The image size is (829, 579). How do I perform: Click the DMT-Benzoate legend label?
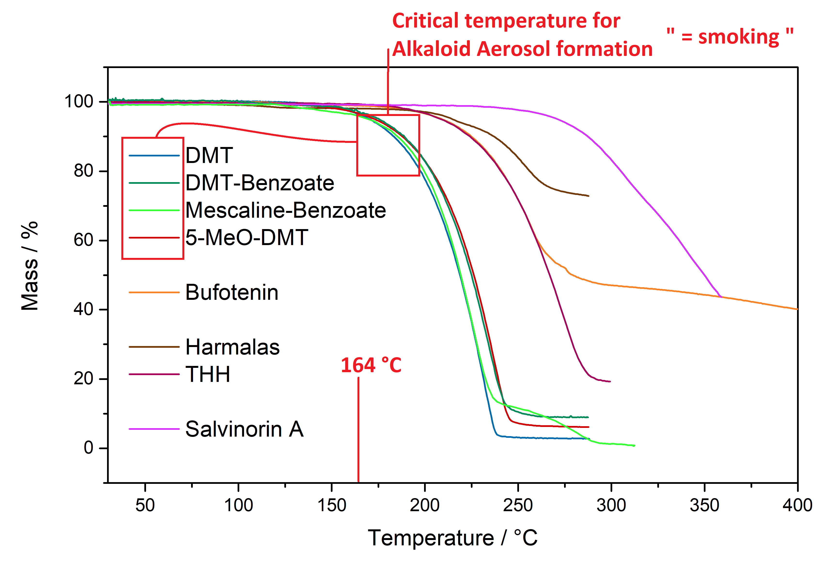coord(260,183)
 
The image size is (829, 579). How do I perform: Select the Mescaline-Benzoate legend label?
coord(285,210)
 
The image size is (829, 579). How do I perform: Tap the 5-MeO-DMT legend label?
coord(247,238)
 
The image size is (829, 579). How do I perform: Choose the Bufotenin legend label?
coord(232,292)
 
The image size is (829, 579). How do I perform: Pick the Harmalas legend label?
coord(232,347)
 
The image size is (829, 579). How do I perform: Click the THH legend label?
coord(208,374)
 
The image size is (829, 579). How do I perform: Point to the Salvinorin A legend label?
coord(244,429)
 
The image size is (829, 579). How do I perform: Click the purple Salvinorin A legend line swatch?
coord(154,429)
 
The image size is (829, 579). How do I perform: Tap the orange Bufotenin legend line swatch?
coord(154,292)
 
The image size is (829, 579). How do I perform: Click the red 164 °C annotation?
coord(371,365)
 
